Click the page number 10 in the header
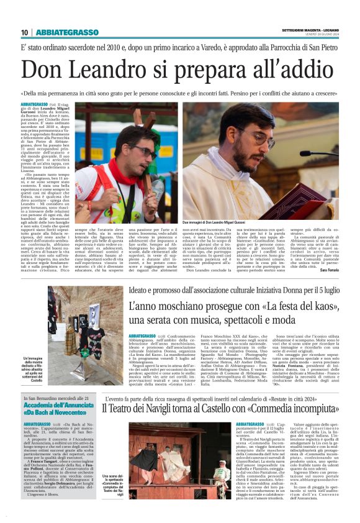click(x=24, y=32)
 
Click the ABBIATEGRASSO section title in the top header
click(x=67, y=32)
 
